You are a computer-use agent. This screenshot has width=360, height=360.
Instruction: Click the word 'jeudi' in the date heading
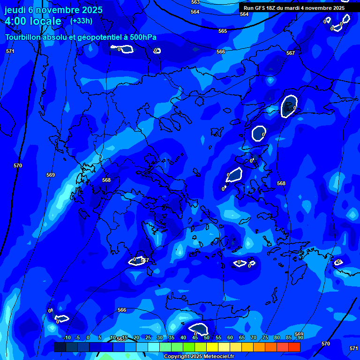(15, 10)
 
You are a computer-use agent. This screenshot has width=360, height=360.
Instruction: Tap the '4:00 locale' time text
(33, 21)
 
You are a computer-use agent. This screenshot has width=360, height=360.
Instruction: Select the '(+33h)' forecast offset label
(81, 21)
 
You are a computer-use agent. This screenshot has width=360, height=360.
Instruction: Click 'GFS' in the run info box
(260, 8)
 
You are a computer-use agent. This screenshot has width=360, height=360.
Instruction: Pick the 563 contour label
(195, 2)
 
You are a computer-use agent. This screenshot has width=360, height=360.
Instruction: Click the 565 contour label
(223, 31)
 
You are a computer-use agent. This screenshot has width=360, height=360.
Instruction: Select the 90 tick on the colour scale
(300, 337)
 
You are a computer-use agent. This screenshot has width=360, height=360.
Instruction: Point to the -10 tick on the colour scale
(67, 337)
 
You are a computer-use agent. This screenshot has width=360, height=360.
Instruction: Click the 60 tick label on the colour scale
(230, 337)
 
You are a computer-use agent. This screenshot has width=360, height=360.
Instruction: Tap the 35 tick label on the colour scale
(171, 337)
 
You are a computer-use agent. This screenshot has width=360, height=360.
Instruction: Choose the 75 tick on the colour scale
(265, 337)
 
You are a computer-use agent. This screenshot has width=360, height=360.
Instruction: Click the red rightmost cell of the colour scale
(294, 347)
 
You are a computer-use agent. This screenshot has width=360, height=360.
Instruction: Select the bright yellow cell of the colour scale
(212, 347)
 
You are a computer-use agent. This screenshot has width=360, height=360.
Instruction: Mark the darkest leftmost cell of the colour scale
(60, 347)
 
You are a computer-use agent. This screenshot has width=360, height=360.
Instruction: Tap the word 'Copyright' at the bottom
(177, 357)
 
